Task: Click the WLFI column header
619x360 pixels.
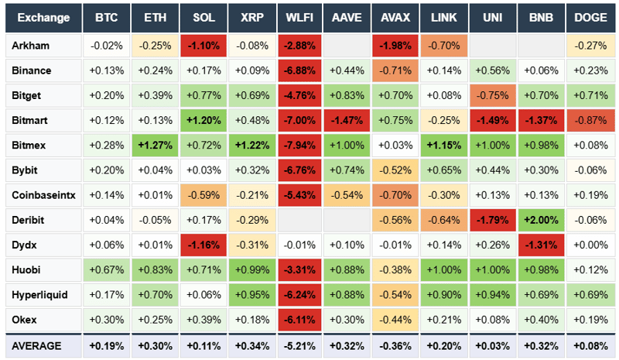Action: point(299,18)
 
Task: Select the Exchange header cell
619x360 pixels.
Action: point(42,18)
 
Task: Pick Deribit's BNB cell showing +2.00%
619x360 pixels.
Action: point(541,220)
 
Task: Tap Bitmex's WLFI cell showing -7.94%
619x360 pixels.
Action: point(299,145)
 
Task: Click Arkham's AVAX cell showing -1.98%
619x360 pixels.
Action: point(395,45)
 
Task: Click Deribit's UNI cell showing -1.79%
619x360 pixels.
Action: point(492,220)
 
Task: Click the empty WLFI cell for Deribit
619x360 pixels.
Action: point(299,220)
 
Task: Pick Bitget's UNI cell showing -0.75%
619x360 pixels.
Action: point(492,95)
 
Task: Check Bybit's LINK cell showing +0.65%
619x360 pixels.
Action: point(444,170)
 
